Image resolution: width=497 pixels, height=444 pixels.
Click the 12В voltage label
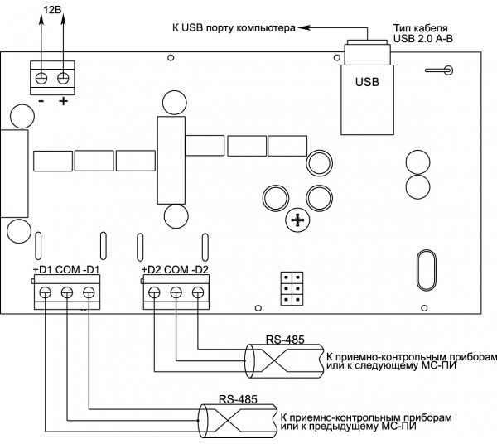[x=52, y=9]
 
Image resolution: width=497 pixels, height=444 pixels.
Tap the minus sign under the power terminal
[x=41, y=101]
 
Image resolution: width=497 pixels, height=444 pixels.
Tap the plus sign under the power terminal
[x=64, y=101]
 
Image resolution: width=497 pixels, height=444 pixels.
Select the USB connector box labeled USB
[x=367, y=99]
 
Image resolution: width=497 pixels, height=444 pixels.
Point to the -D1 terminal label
[x=91, y=270]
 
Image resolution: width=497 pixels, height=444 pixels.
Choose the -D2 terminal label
[x=200, y=270]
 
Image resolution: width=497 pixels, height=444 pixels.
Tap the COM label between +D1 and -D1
[x=68, y=270]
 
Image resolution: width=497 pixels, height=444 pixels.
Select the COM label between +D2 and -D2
[x=176, y=270]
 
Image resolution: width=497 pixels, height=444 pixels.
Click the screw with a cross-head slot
[x=297, y=220]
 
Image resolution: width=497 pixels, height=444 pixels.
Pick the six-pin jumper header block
[x=292, y=288]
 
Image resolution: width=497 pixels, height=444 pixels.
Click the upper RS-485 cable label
[x=285, y=340]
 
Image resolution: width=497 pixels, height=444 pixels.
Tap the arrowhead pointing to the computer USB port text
[x=303, y=28]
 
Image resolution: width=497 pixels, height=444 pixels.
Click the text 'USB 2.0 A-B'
[x=423, y=39]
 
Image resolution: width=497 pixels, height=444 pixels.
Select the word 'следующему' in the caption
[x=384, y=365]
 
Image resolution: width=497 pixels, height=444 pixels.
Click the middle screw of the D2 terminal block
[x=176, y=292]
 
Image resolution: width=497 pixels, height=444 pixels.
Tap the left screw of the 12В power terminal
[x=41, y=78]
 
